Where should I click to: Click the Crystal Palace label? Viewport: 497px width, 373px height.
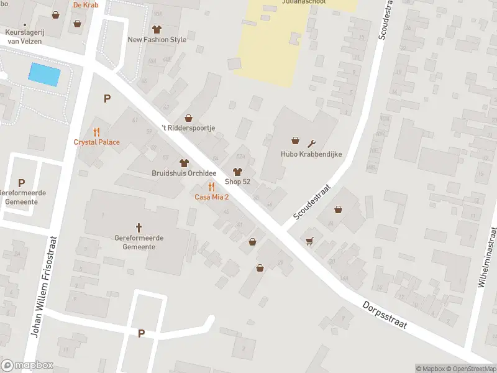point(96,142)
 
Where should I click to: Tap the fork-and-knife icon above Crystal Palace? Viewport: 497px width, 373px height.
point(96,132)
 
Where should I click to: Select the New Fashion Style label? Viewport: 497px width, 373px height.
point(157,40)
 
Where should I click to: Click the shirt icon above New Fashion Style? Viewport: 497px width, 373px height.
point(157,29)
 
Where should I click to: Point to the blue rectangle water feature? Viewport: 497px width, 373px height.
point(45,75)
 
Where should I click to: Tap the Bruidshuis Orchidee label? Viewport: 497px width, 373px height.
point(183,173)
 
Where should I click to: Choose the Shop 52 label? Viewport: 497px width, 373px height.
point(237,182)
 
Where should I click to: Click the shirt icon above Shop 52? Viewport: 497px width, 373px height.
point(237,172)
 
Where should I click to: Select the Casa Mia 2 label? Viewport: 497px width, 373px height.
point(212,197)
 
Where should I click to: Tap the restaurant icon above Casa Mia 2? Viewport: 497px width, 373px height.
point(212,187)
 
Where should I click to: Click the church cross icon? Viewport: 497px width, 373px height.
point(139,228)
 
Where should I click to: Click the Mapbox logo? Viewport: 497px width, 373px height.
point(27,366)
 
